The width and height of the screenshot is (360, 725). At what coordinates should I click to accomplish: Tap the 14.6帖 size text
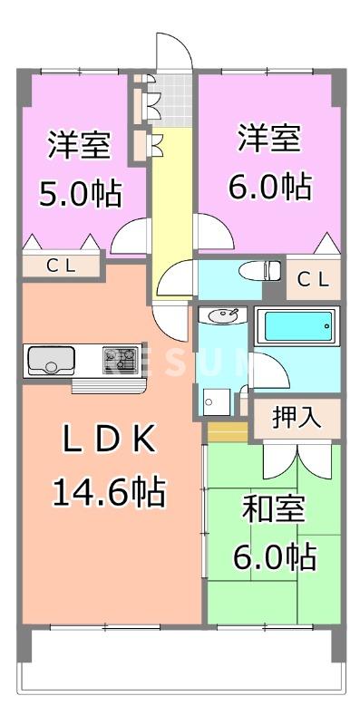coord(108,493)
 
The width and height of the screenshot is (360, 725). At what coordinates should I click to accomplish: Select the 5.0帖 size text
coord(80,193)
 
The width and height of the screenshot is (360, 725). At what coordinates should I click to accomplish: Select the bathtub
coord(295,326)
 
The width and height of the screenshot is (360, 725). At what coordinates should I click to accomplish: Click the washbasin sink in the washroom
coord(220,316)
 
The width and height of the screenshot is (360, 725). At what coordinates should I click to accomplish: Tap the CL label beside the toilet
coord(313,279)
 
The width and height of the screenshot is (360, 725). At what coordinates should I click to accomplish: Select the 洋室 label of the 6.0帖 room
coord(270,140)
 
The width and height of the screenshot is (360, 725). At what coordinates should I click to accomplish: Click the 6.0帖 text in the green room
coord(273,555)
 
